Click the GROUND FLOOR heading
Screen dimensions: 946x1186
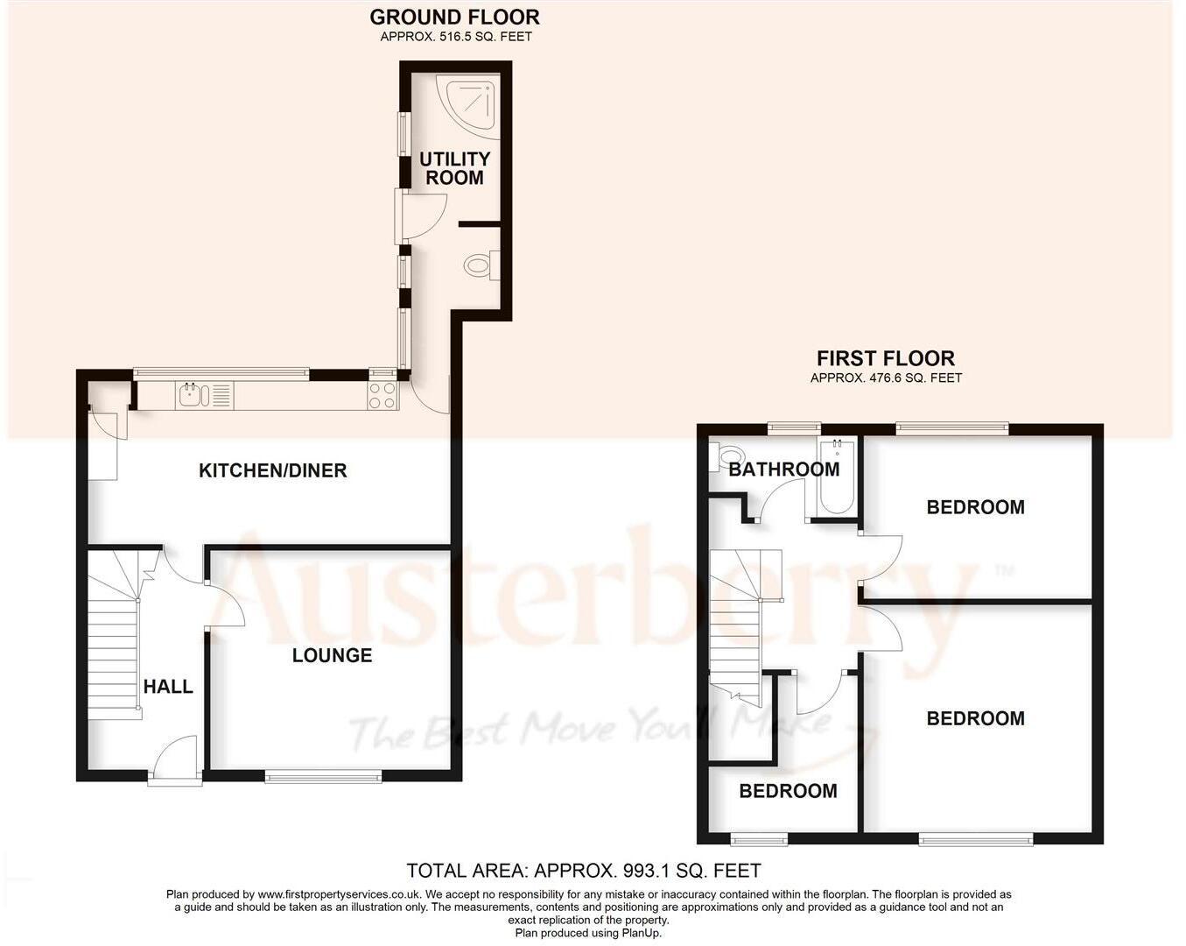(454, 17)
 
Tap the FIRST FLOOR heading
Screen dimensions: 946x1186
(885, 358)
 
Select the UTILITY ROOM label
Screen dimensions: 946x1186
(454, 168)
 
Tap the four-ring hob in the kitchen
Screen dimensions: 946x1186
(382, 395)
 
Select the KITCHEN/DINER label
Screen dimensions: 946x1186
(273, 470)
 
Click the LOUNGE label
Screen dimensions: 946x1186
(332, 655)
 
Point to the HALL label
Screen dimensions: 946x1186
(168, 687)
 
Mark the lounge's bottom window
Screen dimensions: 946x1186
(324, 775)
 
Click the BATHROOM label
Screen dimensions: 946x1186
(783, 469)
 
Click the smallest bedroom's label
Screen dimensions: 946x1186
(788, 791)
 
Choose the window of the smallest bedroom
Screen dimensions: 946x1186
(760, 839)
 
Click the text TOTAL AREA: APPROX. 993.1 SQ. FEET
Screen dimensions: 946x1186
(584, 871)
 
